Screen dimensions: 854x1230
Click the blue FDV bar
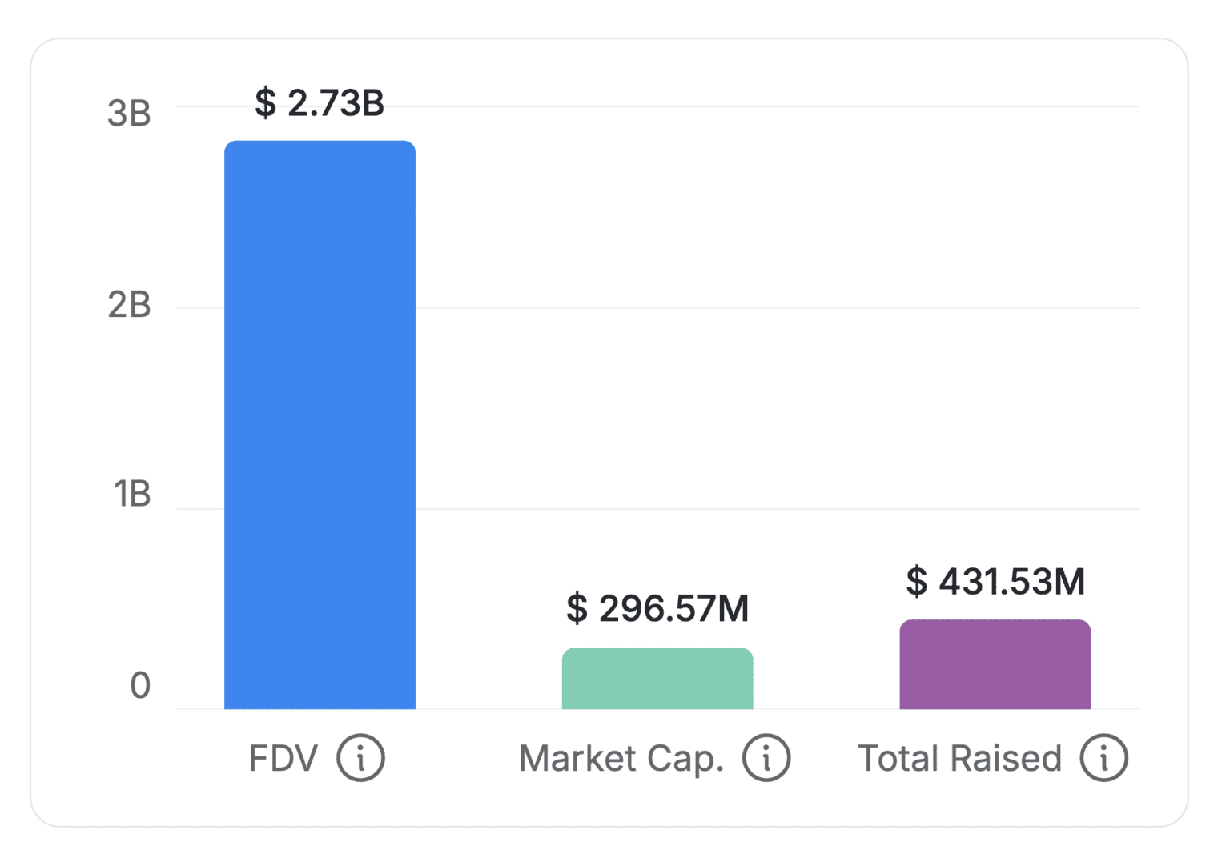pyautogui.click(x=320, y=424)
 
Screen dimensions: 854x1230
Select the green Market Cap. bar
pyautogui.click(x=657, y=679)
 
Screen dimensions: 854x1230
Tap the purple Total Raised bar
pyautogui.click(x=995, y=664)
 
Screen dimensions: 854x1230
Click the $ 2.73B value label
pyautogui.click(x=320, y=103)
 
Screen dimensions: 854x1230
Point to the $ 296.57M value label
pyautogui.click(x=657, y=609)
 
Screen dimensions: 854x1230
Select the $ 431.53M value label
pyautogui.click(x=995, y=582)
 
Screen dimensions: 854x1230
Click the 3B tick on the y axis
pyautogui.click(x=129, y=114)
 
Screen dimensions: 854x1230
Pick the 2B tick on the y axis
pyautogui.click(x=129, y=305)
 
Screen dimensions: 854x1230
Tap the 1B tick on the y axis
pyautogui.click(x=132, y=494)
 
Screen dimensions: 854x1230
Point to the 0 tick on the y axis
pyautogui.click(x=140, y=685)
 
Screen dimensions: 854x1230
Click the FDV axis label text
pyautogui.click(x=283, y=758)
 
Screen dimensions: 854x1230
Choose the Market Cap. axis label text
pyautogui.click(x=621, y=759)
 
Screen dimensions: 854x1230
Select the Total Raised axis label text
pyautogui.click(x=959, y=758)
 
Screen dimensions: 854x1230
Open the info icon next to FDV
pyautogui.click(x=360, y=757)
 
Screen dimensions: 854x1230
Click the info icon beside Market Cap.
pyautogui.click(x=766, y=757)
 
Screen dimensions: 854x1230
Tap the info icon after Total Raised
pyautogui.click(x=1103, y=757)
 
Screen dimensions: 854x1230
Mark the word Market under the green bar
pyautogui.click(x=577, y=758)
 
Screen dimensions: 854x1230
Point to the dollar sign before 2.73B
pyautogui.click(x=265, y=103)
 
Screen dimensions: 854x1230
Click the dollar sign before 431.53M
pyautogui.click(x=917, y=582)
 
